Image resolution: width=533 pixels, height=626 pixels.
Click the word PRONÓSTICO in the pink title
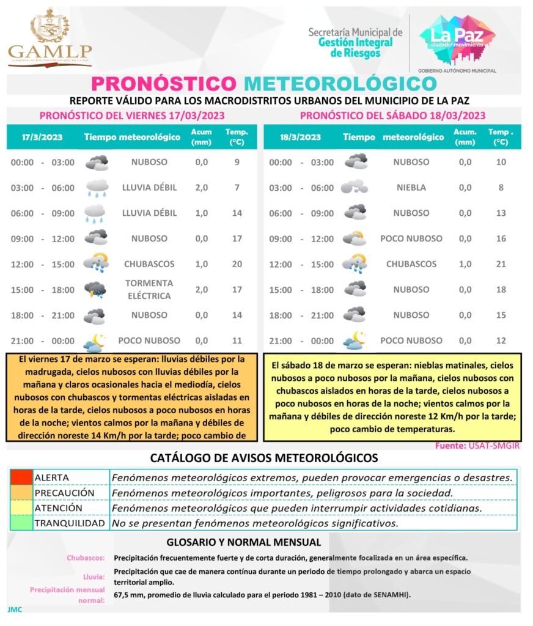coord(163,83)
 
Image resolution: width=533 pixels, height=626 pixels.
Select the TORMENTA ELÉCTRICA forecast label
coord(149,290)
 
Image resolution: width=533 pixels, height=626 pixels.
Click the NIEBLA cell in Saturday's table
coord(411,188)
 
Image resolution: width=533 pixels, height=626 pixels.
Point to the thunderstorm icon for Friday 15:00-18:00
coord(96,290)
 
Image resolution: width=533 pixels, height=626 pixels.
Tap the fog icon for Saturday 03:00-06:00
coord(355,187)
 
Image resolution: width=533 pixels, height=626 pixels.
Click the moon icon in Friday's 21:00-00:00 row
coord(95,341)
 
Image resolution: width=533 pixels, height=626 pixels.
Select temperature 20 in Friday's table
coord(237,264)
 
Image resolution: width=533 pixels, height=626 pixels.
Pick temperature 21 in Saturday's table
coord(501,264)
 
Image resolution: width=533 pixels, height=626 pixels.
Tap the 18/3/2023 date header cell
coord(300,138)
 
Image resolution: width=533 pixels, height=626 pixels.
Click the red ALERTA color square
coord(21,477)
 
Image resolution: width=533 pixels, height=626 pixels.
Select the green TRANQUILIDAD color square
coord(21,523)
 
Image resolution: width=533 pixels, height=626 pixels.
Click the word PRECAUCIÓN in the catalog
coord(64,493)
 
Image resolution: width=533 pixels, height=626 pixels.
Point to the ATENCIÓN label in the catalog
coord(58,508)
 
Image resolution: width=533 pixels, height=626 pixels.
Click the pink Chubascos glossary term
coord(85,558)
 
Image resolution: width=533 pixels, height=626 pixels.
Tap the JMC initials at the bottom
coord(15,609)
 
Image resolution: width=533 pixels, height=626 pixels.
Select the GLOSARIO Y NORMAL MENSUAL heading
coord(243,542)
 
